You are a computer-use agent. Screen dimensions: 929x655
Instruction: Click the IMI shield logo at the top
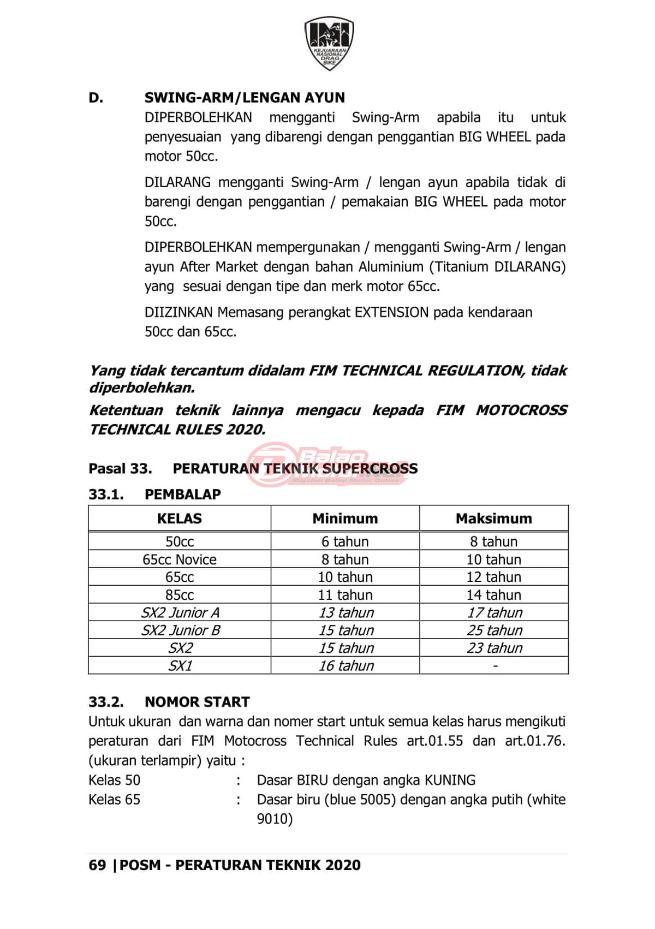[x=329, y=43]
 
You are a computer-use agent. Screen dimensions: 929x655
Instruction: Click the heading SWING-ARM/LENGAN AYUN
[x=245, y=98]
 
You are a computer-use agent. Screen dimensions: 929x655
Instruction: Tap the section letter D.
[x=96, y=98]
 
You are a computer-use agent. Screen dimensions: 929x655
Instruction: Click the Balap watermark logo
[x=327, y=464]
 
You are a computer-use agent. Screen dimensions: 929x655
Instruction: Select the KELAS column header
[x=179, y=519]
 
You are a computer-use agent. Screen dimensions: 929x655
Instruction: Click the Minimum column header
[x=345, y=519]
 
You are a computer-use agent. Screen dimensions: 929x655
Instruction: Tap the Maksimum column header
[x=493, y=519]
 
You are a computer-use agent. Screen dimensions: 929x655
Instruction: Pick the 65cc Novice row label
[x=179, y=559]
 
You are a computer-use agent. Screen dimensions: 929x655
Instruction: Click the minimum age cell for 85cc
[x=345, y=595]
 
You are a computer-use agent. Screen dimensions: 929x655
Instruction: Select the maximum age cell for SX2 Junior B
[x=495, y=630]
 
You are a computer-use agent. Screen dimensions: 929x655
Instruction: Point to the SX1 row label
[x=180, y=666]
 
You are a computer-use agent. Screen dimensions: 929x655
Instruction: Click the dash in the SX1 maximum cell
[x=495, y=666]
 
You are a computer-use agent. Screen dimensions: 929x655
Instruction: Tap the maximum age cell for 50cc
[x=493, y=541]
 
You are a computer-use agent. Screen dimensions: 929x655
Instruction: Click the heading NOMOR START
[x=197, y=702]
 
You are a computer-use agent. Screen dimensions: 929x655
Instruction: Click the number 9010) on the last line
[x=275, y=819]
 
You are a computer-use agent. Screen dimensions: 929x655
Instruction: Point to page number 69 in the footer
[x=97, y=865]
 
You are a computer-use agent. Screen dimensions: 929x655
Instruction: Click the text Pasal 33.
[x=120, y=468]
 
